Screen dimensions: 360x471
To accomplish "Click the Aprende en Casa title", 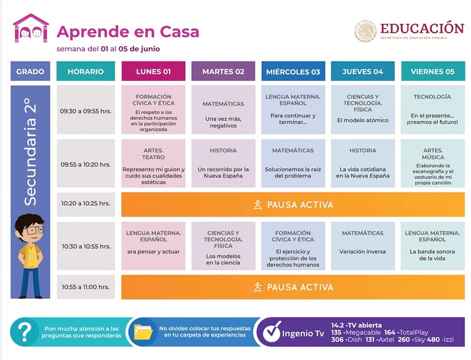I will (x=128, y=32).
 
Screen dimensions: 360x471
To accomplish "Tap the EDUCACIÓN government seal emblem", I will (x=365, y=31).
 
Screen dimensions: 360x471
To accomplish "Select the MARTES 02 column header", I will (x=223, y=72).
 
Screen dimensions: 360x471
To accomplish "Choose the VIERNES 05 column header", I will (x=432, y=72).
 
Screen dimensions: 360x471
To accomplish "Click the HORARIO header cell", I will (x=86, y=72).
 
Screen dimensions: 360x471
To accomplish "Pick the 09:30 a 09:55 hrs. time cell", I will (x=86, y=110).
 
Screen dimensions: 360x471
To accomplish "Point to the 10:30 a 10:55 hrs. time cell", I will (x=86, y=246).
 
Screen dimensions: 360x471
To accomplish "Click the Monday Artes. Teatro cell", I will (x=154, y=163).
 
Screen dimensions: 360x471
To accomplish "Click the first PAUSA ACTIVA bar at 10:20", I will (x=293, y=205).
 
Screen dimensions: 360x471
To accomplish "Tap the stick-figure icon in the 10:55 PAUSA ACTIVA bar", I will (x=258, y=287).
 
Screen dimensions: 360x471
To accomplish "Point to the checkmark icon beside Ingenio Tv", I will (x=272, y=333).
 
